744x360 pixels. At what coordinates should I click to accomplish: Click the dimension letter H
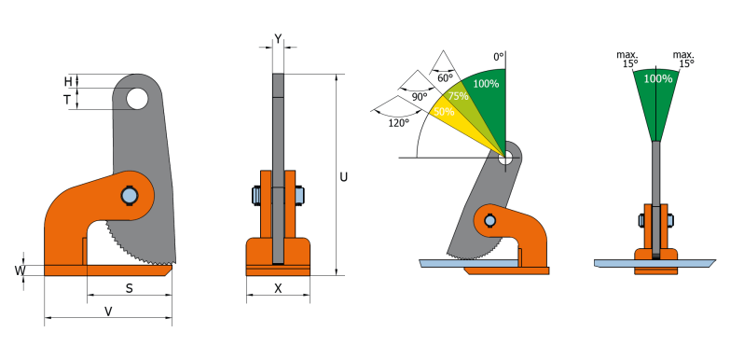[68, 80]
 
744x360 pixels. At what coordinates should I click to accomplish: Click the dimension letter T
[68, 98]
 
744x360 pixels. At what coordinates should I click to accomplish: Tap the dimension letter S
[129, 288]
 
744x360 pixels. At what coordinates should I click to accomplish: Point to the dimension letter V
[108, 311]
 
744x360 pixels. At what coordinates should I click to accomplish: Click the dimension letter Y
[278, 38]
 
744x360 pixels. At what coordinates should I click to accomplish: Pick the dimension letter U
[344, 175]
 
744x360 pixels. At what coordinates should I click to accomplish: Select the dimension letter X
[278, 289]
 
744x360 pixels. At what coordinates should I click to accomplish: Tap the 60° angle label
[445, 78]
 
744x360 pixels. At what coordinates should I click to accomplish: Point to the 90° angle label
[419, 96]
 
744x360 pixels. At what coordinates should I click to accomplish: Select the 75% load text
[458, 96]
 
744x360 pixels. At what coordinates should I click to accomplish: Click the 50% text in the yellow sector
[444, 112]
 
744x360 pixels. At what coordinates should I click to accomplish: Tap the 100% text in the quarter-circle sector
[486, 84]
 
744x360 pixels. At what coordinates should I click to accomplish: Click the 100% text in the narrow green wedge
[658, 79]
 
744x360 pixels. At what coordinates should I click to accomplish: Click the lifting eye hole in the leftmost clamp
[136, 97]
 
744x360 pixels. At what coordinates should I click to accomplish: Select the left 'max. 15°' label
[630, 59]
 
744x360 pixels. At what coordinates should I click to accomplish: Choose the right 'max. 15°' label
[685, 59]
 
